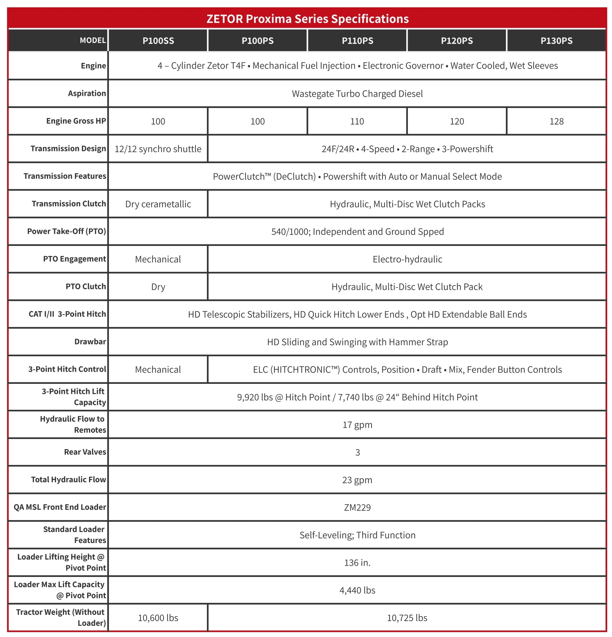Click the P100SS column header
158,41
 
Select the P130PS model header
556,41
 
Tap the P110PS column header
357,41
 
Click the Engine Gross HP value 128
556,122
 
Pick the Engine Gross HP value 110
357,122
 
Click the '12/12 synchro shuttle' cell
158,149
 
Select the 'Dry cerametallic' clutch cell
158,204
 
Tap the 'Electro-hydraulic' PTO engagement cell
407,259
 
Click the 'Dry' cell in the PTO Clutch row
158,287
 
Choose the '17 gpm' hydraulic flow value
357,425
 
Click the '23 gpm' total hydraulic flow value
357,480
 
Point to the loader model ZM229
357,508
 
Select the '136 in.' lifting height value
357,563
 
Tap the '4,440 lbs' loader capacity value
357,590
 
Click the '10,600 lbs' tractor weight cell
158,618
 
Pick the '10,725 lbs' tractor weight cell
407,618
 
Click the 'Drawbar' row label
90,341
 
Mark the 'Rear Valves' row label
85,452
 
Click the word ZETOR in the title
225,19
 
